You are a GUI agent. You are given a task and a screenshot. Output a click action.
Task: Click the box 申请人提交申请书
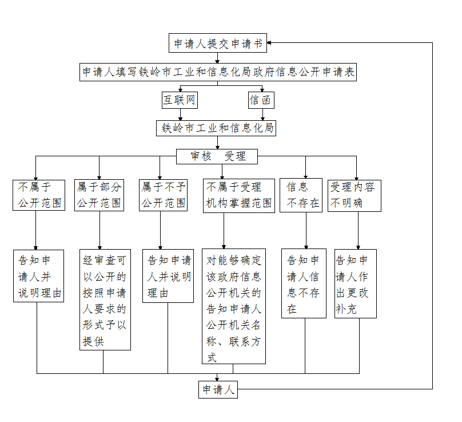pos(218,44)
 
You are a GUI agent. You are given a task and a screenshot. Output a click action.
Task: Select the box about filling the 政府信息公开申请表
pos(218,72)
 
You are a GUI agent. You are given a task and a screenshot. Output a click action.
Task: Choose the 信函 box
pos(260,101)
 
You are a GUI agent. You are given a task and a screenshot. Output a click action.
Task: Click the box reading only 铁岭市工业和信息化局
pos(216,128)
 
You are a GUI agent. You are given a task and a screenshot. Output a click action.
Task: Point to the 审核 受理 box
pos(217,156)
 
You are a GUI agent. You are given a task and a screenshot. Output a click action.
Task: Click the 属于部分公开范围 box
pos(99,195)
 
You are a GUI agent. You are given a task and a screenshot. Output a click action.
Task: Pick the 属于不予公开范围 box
pos(163,195)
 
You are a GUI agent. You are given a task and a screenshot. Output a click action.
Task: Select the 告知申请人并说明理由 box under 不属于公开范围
pos(39,275)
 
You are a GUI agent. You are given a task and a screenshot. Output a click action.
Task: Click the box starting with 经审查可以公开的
pos(105,299)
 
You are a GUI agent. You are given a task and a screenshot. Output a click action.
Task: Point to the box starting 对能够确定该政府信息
pos(234,306)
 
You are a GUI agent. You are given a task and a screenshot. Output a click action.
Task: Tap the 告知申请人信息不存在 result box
pos(304,283)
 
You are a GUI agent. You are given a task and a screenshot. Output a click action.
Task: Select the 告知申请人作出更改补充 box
pos(356,283)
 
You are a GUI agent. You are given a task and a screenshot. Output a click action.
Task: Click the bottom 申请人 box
pos(217,389)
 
